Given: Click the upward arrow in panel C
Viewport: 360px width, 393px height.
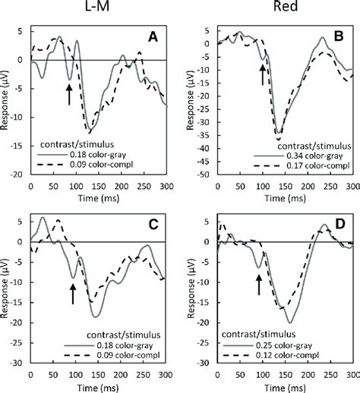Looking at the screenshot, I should (73, 292).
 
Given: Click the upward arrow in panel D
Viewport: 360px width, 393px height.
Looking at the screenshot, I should (259, 284).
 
